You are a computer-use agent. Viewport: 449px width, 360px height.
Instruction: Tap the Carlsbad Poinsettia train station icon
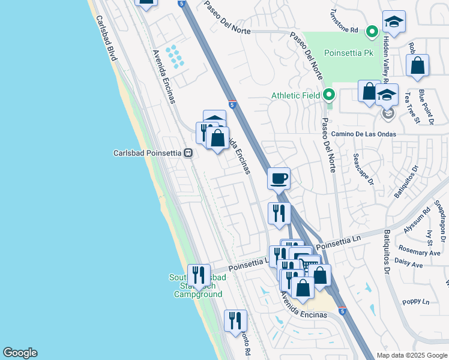(x=188, y=153)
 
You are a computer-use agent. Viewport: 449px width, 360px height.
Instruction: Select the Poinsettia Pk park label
(x=348, y=53)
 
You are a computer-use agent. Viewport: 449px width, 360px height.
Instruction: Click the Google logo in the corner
(x=20, y=353)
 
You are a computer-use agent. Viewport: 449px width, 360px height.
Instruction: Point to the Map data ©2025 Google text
(x=411, y=355)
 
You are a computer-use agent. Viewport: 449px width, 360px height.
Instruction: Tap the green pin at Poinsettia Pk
(x=372, y=31)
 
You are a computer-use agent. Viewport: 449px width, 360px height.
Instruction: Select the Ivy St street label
(x=430, y=238)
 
